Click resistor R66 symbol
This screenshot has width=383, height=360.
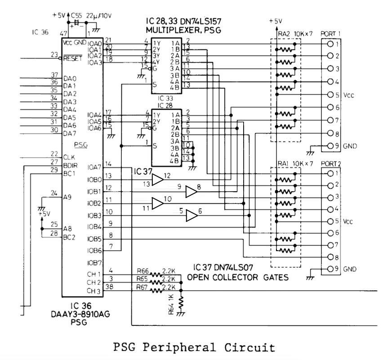point(156,274)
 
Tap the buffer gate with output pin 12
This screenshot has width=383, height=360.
point(157,180)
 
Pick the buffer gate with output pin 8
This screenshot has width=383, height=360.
point(191,192)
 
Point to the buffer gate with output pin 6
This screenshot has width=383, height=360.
point(191,216)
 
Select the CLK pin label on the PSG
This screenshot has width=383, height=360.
point(69,157)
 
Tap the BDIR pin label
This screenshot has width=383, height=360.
point(70,165)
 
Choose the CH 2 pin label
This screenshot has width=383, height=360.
point(94,283)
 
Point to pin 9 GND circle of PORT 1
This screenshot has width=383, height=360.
point(331,146)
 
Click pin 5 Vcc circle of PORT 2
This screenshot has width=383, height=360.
point(331,221)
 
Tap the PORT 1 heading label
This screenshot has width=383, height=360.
point(332,34)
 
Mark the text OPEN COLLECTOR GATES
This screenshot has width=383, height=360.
point(237,278)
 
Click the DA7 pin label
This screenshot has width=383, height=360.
point(70,133)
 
